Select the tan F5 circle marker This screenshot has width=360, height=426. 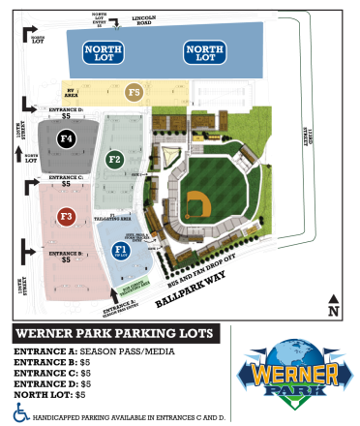[x=135, y=93]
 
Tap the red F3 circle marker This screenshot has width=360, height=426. [x=66, y=215]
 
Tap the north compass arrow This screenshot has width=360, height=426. [x=332, y=303]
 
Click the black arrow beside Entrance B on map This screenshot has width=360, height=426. [x=21, y=256]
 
